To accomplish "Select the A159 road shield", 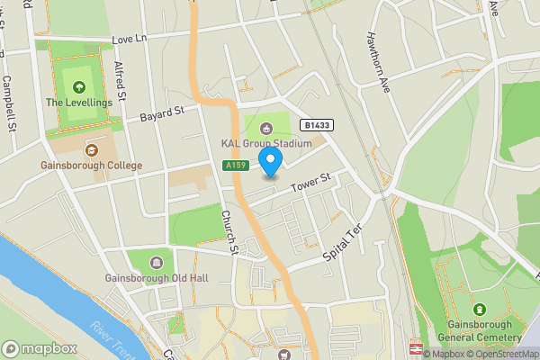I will coord(234,166).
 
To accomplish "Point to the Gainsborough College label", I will coord(91,166).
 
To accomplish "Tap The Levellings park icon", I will coord(80,88).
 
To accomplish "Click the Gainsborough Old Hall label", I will coord(156,278).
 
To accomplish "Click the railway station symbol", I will coord(418,348).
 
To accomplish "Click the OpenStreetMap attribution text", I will coord(502,354).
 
